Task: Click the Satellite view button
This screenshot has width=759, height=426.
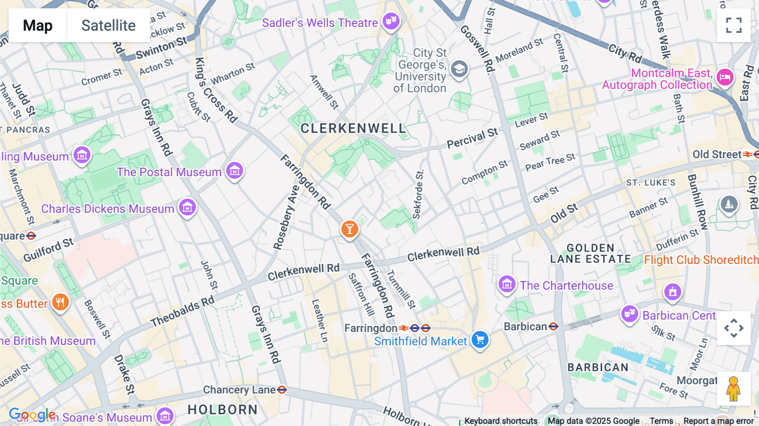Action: click(x=108, y=25)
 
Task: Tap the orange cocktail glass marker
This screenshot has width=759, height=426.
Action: click(x=350, y=229)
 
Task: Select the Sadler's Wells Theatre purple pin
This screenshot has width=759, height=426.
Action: click(x=391, y=21)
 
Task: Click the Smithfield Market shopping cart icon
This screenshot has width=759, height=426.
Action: click(x=480, y=340)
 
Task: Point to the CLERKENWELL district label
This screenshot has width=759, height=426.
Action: click(x=353, y=128)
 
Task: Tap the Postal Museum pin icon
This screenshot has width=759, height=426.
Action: click(x=234, y=171)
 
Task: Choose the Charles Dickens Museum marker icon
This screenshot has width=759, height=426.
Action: click(x=187, y=208)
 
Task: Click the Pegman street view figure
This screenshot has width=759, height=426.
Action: click(x=733, y=388)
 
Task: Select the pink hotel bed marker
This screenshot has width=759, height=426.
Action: click(x=725, y=77)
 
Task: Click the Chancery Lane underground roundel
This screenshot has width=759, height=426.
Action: click(x=282, y=390)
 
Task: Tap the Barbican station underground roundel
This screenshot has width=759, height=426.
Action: click(x=554, y=326)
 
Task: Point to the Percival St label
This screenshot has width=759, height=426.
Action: click(x=472, y=138)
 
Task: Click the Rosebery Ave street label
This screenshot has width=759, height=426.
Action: click(x=286, y=218)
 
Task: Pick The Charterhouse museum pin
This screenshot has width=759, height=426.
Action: click(x=507, y=285)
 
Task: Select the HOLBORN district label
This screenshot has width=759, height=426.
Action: click(x=222, y=410)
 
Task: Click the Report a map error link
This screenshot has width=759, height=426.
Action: click(x=719, y=421)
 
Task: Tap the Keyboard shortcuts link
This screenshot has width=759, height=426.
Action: click(x=501, y=421)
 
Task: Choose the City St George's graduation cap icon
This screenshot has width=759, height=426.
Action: click(x=459, y=69)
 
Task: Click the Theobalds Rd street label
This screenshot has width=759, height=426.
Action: click(x=183, y=311)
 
